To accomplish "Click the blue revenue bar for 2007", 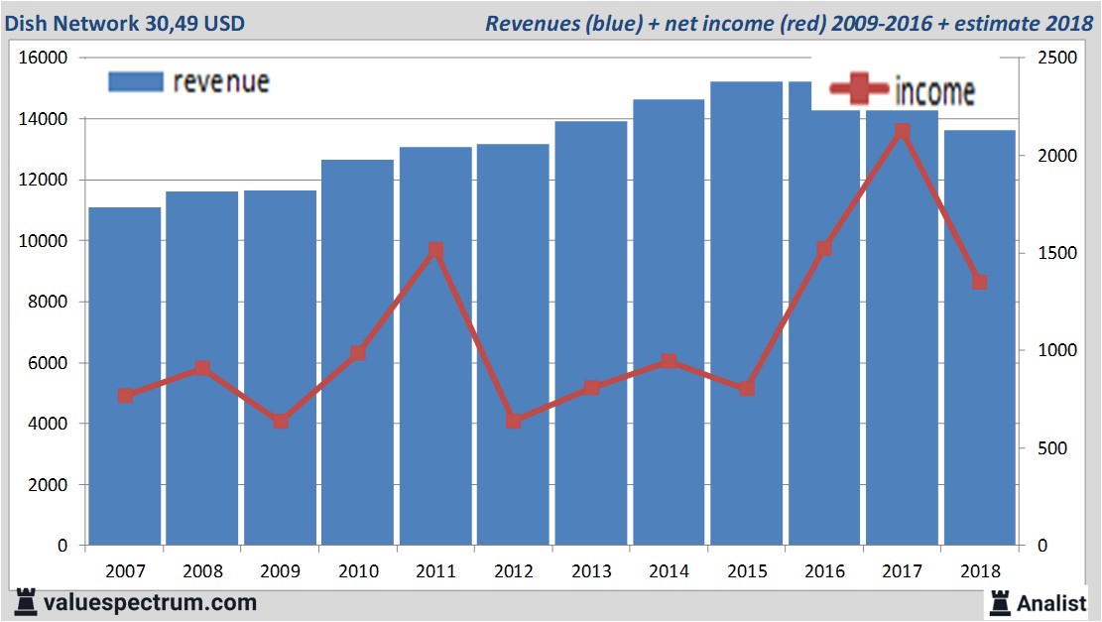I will click(x=125, y=377).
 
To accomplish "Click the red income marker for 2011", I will click(x=435, y=250).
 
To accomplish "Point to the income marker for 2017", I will click(x=902, y=131).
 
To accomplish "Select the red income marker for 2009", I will click(x=281, y=421).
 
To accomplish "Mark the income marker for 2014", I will click(x=669, y=361).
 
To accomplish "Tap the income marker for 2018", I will click(x=979, y=282).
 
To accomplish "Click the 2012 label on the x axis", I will click(x=514, y=571).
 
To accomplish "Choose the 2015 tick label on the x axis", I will click(x=747, y=571).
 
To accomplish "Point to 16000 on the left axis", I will click(x=43, y=58).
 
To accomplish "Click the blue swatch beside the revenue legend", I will click(x=135, y=81).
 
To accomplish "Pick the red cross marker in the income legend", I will click(x=859, y=90).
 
